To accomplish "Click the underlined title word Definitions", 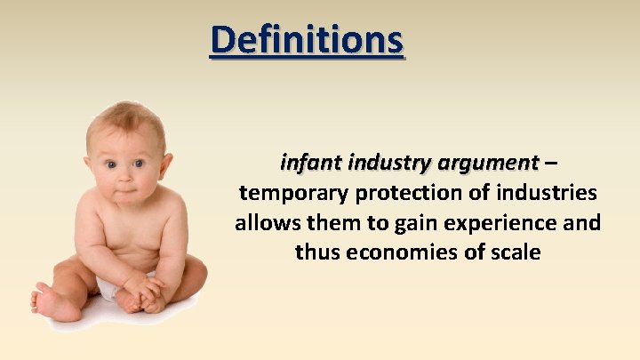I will coord(307,40).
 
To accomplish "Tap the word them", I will coord(331,222).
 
